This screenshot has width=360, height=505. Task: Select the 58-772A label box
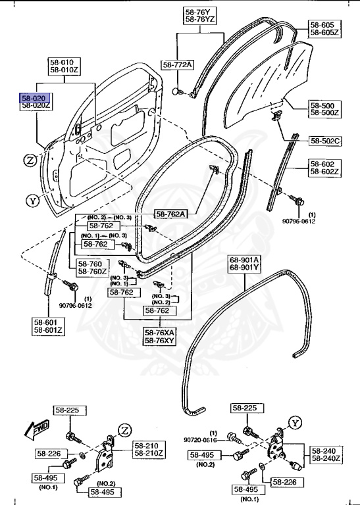pyautogui.click(x=178, y=64)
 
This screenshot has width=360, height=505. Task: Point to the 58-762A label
pyautogui.click(x=170, y=213)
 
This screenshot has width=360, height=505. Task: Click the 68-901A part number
pyautogui.click(x=244, y=260)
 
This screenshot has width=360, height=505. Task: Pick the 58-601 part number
pyautogui.click(x=48, y=322)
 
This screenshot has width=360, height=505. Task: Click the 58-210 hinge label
pyautogui.click(x=150, y=445)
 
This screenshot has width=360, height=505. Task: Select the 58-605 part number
pyautogui.click(x=322, y=25)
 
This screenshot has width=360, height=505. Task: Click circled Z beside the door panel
pyautogui.click(x=29, y=160)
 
